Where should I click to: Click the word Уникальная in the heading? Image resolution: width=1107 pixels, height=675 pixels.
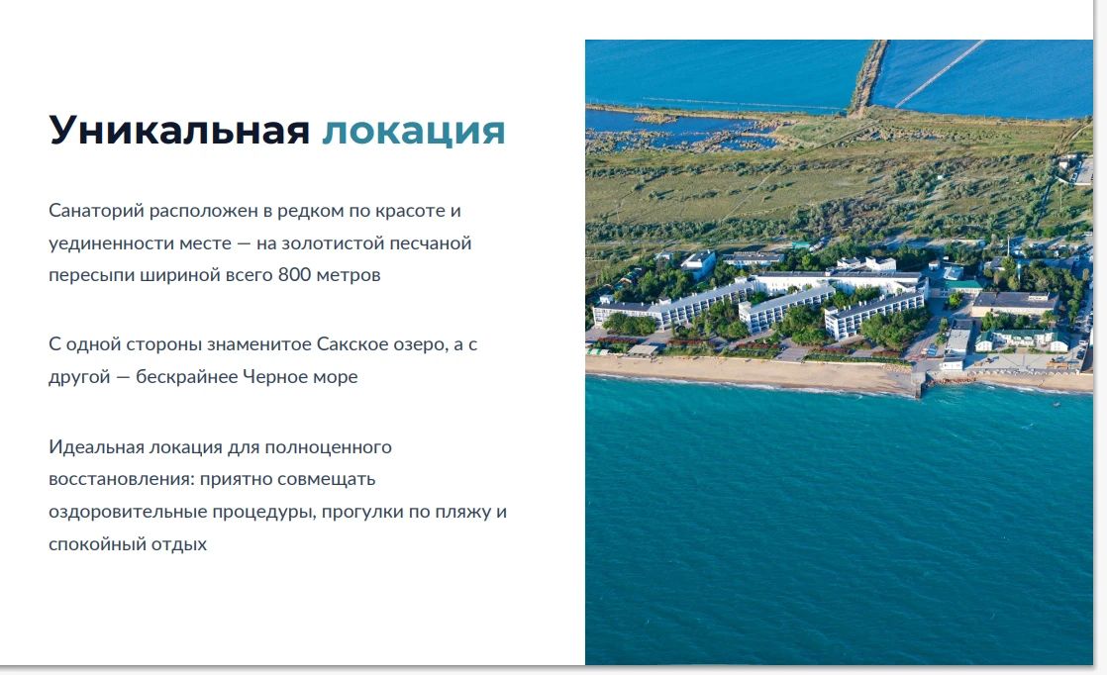[179, 130]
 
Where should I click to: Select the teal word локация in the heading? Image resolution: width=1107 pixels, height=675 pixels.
[414, 132]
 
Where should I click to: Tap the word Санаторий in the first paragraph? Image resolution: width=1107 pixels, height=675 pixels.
[97, 211]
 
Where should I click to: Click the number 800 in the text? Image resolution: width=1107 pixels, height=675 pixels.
[294, 274]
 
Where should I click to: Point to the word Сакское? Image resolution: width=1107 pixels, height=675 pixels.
[349, 344]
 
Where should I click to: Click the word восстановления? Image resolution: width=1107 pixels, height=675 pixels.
[122, 480]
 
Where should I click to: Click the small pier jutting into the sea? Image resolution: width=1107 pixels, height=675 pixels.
[918, 385]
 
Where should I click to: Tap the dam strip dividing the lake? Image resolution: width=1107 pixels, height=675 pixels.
[867, 76]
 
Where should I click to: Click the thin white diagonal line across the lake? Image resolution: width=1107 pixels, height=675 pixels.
[941, 73]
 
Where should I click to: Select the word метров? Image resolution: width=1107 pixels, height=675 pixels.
[349, 275]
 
